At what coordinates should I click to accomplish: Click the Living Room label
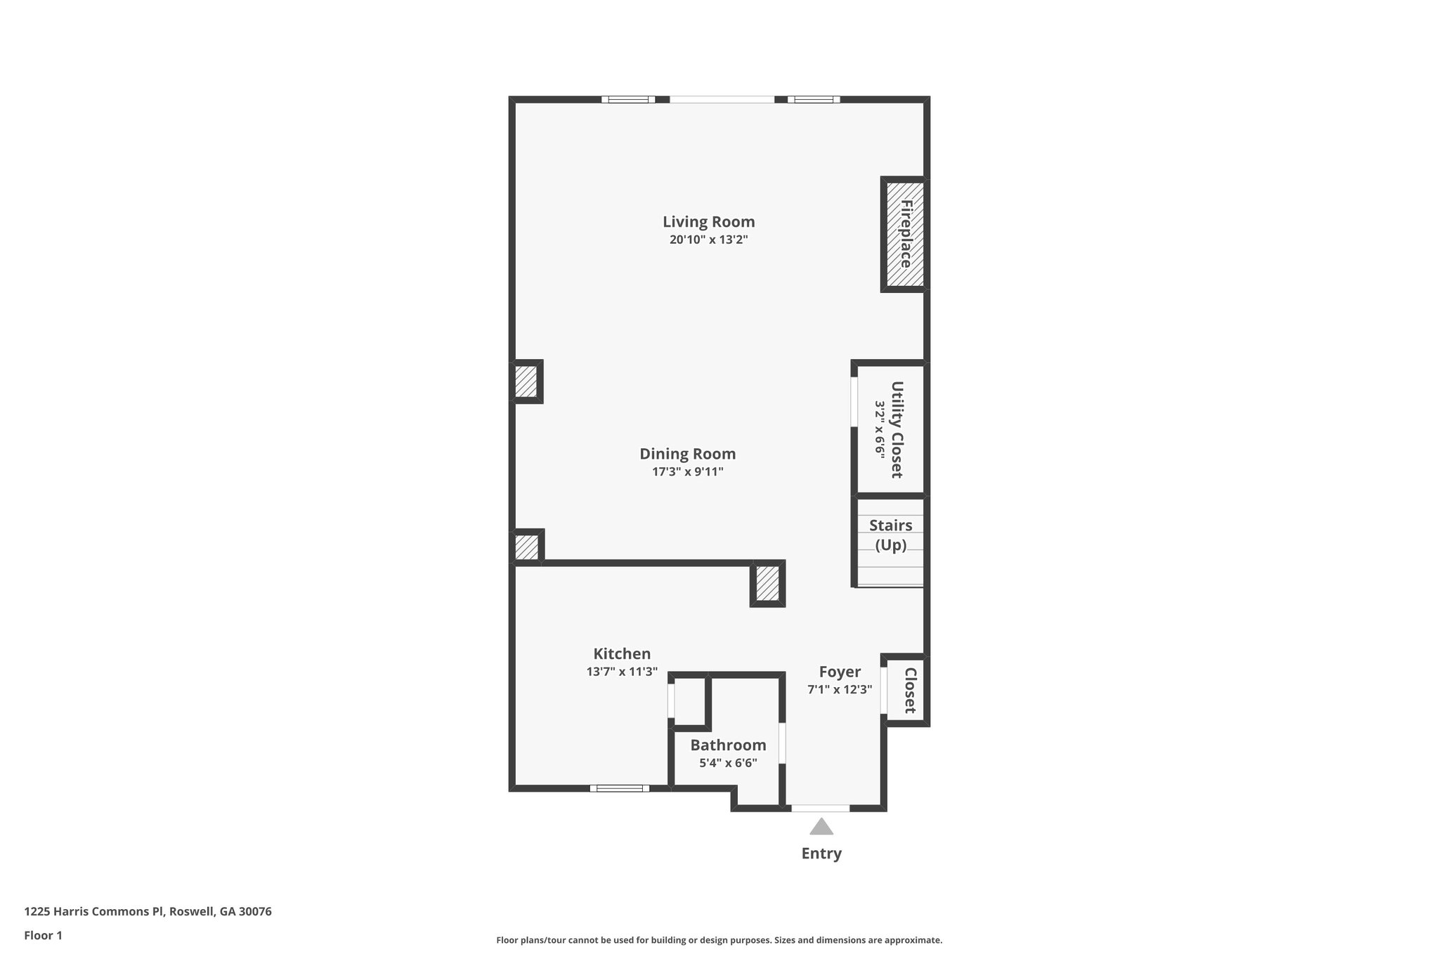[x=708, y=222]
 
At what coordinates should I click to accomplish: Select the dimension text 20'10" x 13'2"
[x=708, y=240]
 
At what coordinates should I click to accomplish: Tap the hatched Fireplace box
[x=904, y=234]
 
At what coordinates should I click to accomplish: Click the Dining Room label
[x=687, y=454]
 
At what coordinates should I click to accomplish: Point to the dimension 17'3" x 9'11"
[x=687, y=471]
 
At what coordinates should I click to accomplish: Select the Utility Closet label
[x=897, y=429]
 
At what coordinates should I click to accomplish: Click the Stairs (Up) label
[x=890, y=535]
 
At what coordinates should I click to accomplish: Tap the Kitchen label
[x=622, y=653]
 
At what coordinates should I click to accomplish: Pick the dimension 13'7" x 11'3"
[x=622, y=672]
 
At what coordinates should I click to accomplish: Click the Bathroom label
[x=728, y=745]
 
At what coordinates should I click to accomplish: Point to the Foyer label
[x=840, y=672]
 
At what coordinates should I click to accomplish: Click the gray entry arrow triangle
[x=821, y=827]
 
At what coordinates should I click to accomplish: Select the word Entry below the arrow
[x=821, y=854]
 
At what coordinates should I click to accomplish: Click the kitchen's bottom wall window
[x=619, y=788]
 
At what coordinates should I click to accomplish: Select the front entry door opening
[x=821, y=808]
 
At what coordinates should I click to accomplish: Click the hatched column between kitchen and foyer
[x=767, y=584]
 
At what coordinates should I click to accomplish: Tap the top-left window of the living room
[x=628, y=100]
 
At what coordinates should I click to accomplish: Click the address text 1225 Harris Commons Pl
[x=148, y=911]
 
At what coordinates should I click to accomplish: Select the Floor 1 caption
[x=43, y=935]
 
